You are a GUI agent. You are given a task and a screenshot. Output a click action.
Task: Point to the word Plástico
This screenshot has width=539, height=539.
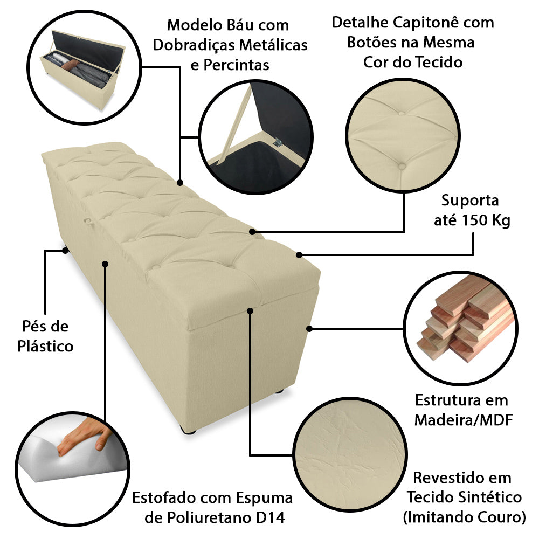click(x=45, y=345)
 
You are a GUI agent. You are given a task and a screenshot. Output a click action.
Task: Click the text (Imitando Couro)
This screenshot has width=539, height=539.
click(x=464, y=517)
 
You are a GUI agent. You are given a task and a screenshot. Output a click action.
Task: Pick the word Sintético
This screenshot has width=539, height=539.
click(x=495, y=497)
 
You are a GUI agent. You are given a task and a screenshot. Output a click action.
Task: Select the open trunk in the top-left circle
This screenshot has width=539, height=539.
click(x=80, y=70)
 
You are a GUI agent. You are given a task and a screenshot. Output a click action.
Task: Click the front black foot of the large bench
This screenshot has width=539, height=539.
click(x=189, y=429)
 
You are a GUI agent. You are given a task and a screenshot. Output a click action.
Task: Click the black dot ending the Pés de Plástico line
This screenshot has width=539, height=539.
click(x=65, y=251)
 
